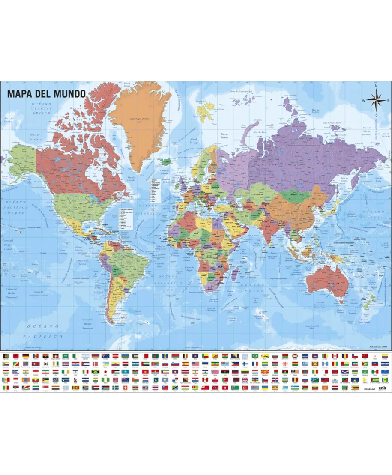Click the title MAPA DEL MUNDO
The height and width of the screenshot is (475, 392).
46,93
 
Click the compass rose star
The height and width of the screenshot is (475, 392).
376,101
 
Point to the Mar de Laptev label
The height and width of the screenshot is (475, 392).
316,112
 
